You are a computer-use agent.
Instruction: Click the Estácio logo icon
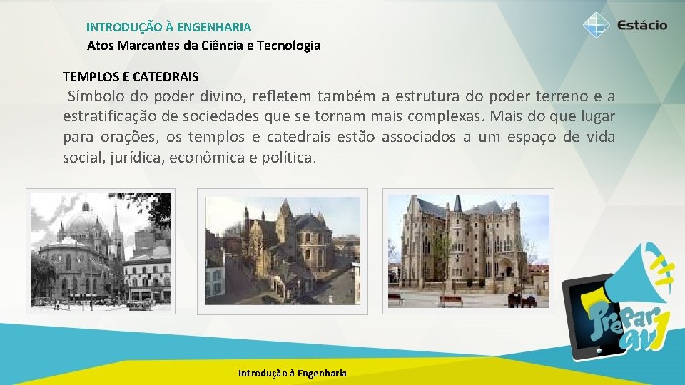click(x=595, y=26)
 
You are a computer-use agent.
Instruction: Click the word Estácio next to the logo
click(x=642, y=26)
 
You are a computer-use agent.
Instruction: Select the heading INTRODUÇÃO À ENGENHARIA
click(x=168, y=27)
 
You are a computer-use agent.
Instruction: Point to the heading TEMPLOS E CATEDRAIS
click(x=131, y=76)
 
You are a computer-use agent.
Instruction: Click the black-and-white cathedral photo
click(x=101, y=251)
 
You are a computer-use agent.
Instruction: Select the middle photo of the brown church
click(x=283, y=251)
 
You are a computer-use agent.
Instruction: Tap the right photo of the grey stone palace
click(x=468, y=251)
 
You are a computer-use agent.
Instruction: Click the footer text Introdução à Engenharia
click(x=293, y=373)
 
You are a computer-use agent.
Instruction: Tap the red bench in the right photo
click(x=450, y=300)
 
